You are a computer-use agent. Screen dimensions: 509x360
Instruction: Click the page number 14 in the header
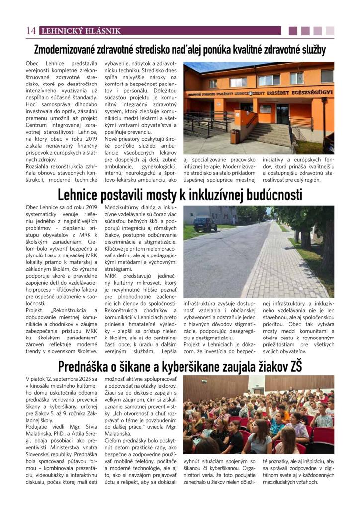pyautogui.click(x=30, y=31)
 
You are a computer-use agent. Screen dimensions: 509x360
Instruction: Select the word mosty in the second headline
pyautogui.click(x=160, y=194)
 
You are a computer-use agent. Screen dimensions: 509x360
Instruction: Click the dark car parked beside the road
pyautogui.click(x=205, y=224)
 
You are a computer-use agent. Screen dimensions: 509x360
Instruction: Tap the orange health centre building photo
pyautogui.click(x=259, y=107)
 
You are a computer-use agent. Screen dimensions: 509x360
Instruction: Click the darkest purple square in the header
pyautogui.click(x=293, y=31)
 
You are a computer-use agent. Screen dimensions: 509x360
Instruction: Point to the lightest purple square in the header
pyautogui.click(x=330, y=31)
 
